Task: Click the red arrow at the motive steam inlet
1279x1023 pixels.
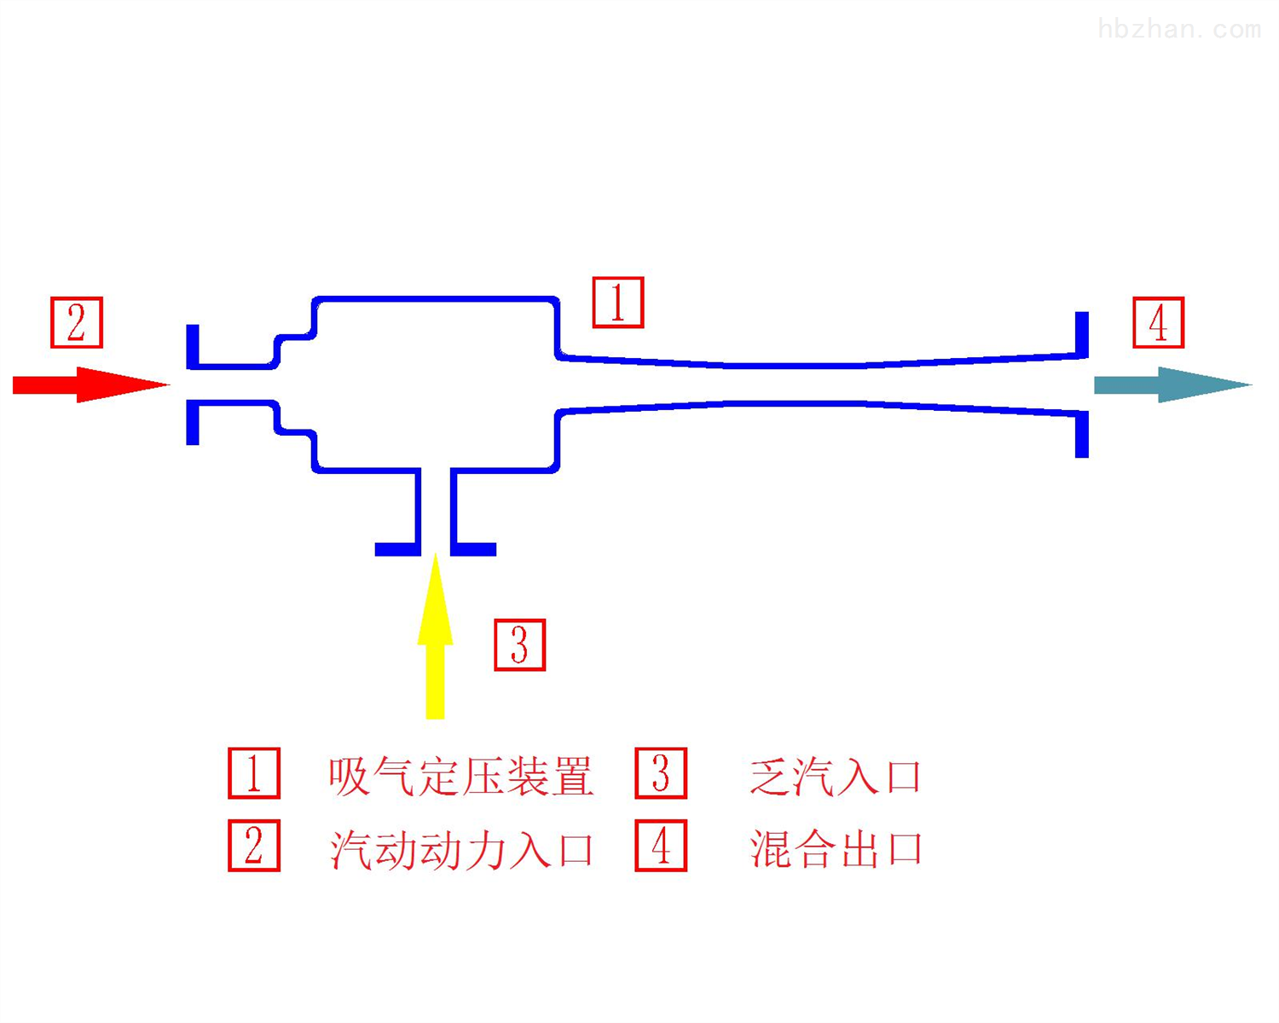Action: pos(90,384)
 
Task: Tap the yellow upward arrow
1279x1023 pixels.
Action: pos(435,636)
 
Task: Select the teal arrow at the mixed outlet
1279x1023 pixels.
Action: pos(1172,384)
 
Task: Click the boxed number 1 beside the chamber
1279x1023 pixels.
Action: pos(618,302)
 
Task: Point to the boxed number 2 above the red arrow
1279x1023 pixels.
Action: pos(77,322)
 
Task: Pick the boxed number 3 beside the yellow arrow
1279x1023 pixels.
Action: pos(520,645)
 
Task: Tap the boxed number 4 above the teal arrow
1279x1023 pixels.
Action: pos(1159,322)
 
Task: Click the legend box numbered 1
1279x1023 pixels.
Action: pos(254,772)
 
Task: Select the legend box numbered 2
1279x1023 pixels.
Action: pos(254,846)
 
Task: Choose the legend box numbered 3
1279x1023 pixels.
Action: pos(661,772)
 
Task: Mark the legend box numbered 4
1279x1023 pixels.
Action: pos(661,846)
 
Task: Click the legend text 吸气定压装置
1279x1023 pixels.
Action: pos(461,777)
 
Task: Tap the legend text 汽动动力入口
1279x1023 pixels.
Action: pos(461,849)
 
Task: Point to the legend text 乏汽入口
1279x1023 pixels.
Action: pos(835,777)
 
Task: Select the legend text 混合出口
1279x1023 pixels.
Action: pos(835,849)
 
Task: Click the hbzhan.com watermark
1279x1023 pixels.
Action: pos(1179,29)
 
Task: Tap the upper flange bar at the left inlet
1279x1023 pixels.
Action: pos(193,347)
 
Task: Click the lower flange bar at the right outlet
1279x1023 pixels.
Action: pos(1082,434)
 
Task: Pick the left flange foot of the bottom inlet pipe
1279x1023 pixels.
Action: pos(398,549)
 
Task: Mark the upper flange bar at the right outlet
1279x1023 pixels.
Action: pos(1082,335)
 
